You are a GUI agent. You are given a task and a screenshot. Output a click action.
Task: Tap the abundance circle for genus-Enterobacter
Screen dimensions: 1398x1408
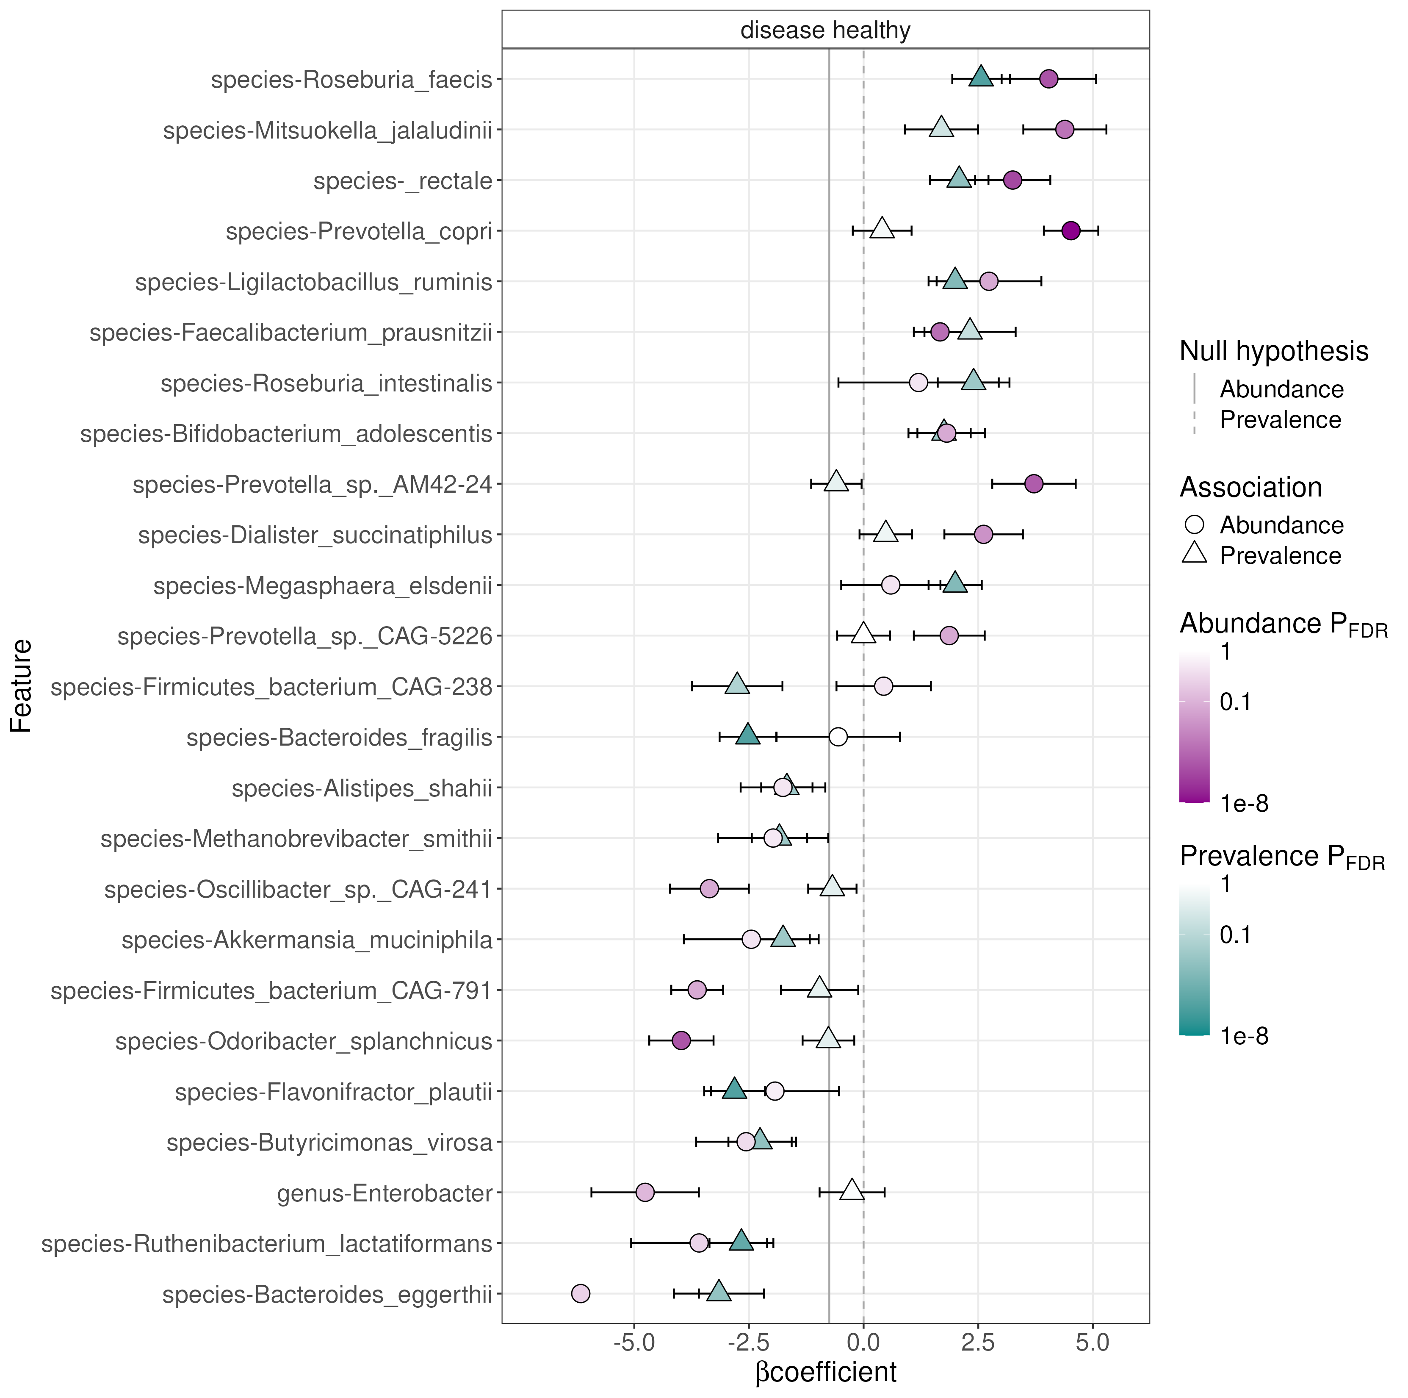(645, 1193)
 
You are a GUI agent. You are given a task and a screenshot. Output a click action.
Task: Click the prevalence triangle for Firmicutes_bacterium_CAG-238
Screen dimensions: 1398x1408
(738, 685)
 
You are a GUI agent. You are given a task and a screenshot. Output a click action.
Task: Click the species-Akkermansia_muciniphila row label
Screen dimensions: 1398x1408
(307, 940)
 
